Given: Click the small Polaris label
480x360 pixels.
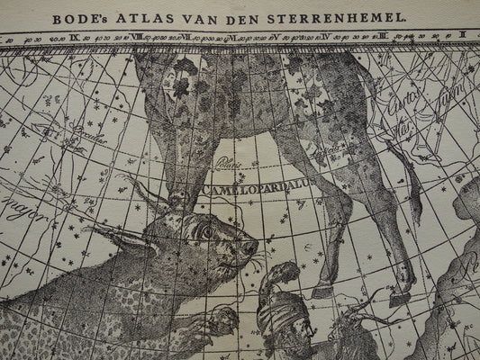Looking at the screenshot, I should click(x=226, y=165).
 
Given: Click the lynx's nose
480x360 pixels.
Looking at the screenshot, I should click(x=253, y=245).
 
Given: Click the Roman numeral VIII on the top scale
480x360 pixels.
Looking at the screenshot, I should click(x=136, y=38).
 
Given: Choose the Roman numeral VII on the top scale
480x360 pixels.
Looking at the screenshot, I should click(x=184, y=38).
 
